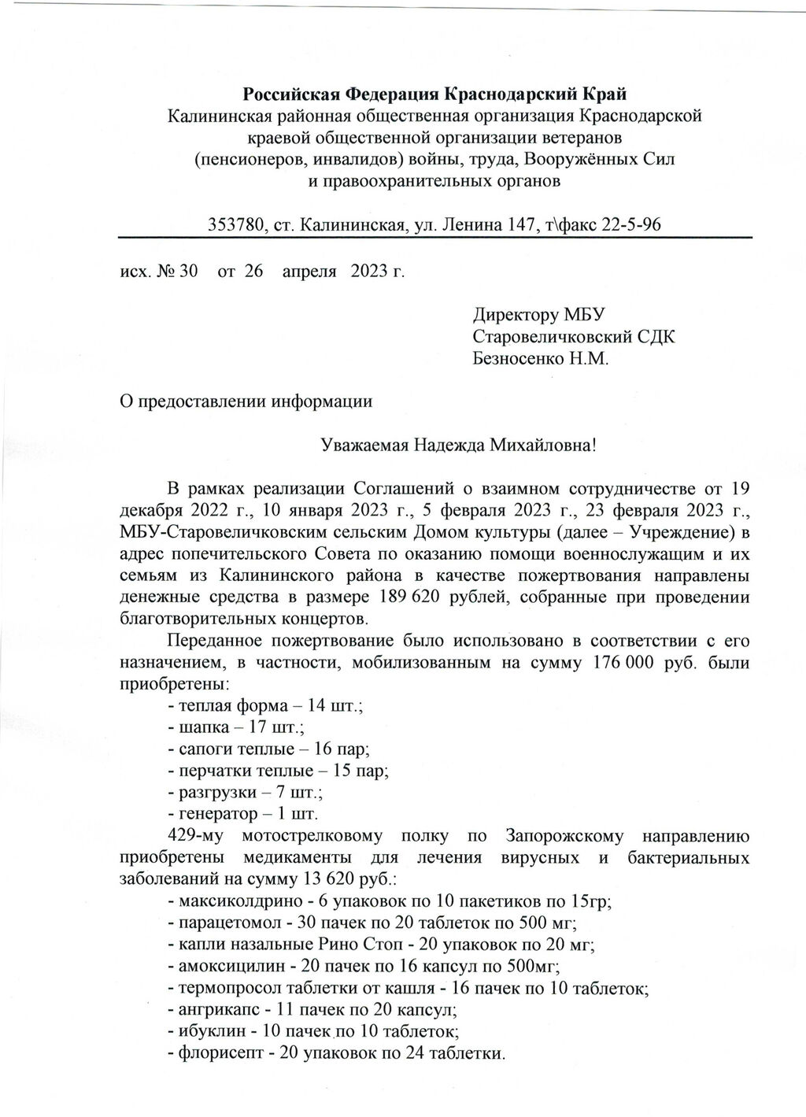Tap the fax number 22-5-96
click(630, 224)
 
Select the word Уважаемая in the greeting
click(363, 445)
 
